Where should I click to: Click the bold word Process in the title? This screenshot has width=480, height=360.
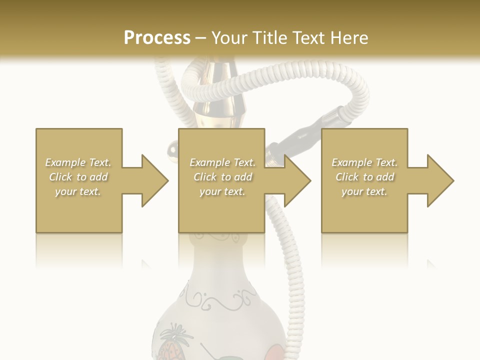pos(157,37)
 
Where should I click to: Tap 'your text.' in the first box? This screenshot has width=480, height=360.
pos(78,191)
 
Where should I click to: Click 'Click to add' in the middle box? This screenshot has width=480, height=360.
pos(222,177)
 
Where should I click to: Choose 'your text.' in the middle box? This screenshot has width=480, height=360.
pos(222,191)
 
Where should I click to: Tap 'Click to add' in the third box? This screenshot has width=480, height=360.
pos(365,177)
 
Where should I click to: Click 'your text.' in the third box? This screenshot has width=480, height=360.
pos(364,191)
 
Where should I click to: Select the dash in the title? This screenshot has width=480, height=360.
pos(200,38)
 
